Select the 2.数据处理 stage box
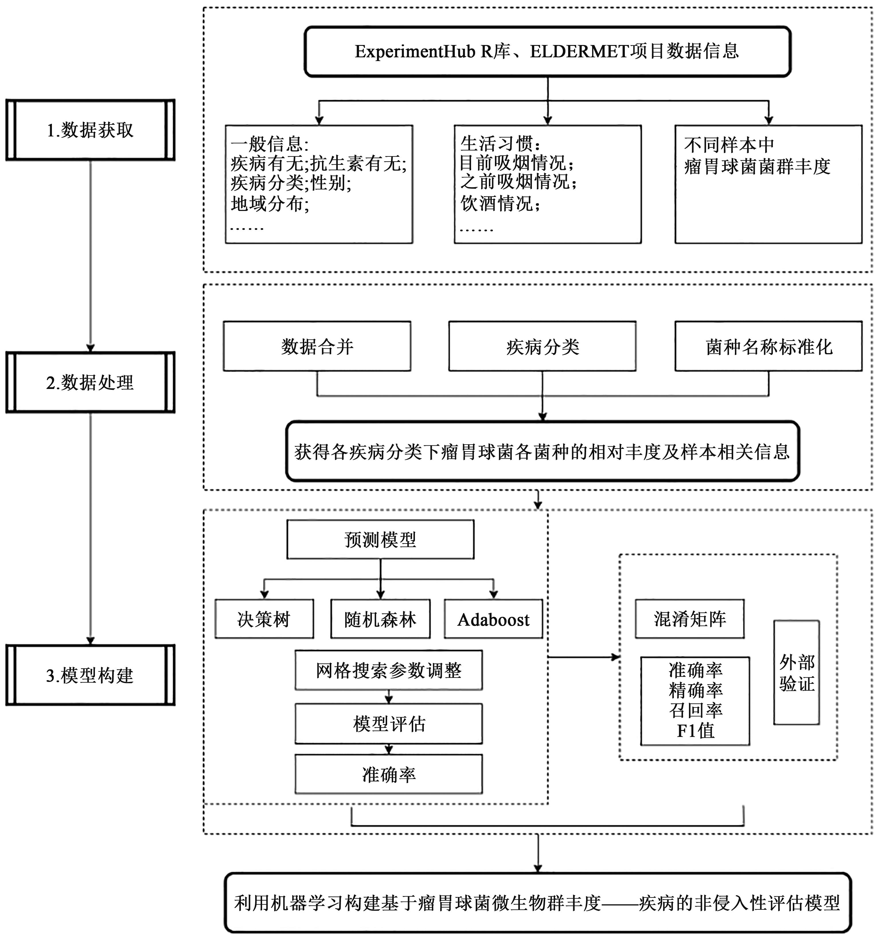click(90, 382)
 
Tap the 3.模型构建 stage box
click(90, 675)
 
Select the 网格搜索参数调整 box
click(388, 670)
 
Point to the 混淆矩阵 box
click(690, 619)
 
